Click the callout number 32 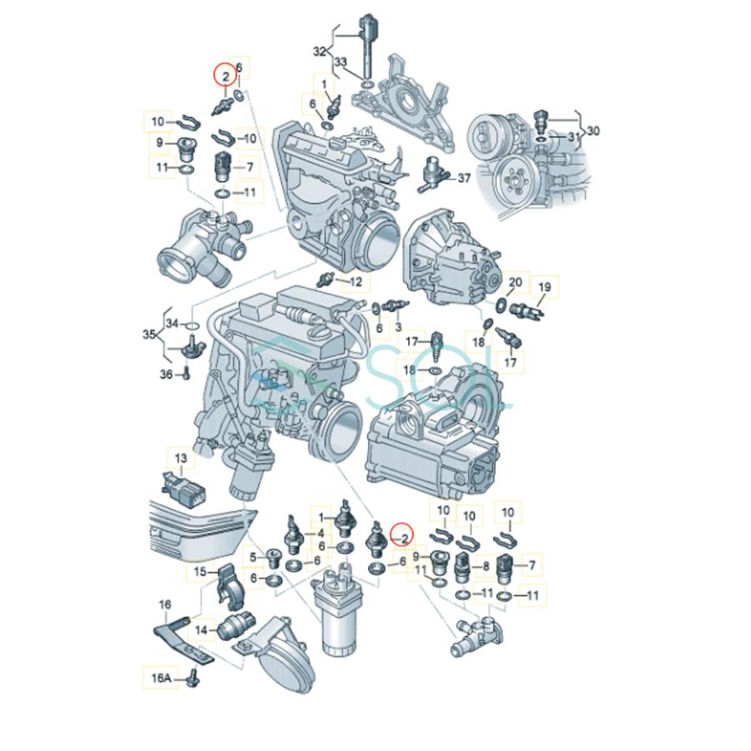(319, 51)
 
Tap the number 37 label (464, 178)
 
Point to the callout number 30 (593, 130)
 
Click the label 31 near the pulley (572, 136)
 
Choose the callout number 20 (515, 283)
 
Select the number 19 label (544, 288)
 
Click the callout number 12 (355, 282)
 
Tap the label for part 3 (398, 327)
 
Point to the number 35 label (149, 335)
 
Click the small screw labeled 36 (184, 375)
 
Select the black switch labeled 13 (176, 486)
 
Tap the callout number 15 (199, 572)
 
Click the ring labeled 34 (190, 324)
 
